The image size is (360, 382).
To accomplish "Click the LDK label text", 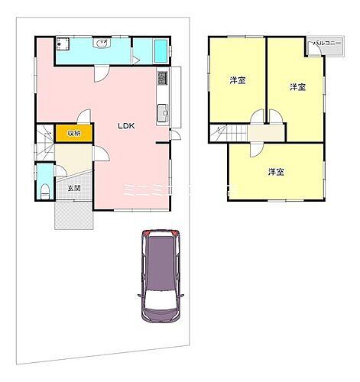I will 126,128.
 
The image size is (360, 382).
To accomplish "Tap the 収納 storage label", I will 73,133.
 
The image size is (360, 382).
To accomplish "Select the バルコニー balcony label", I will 327,44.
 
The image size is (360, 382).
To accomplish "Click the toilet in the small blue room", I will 44,190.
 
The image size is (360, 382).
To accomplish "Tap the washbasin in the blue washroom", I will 102,44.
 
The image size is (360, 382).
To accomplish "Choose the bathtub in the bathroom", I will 160,53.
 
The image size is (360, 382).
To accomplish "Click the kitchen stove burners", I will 161,78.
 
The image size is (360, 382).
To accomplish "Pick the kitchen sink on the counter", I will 161,115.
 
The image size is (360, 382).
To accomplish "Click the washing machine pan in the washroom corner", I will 63,44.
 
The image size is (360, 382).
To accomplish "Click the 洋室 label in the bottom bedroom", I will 276,171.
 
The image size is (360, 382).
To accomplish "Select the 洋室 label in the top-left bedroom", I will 237,80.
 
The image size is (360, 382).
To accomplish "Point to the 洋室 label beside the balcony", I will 297,87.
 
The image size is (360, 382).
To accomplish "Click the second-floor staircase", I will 225,134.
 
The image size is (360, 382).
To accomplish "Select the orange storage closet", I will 73,133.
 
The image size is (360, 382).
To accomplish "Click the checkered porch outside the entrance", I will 73,219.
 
